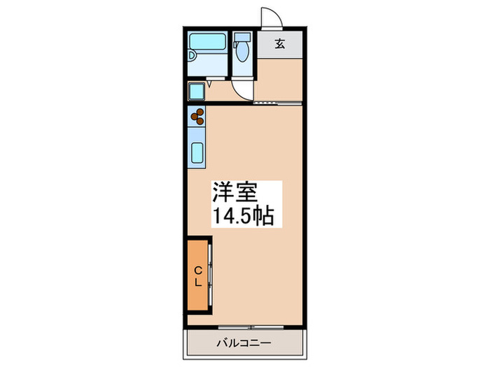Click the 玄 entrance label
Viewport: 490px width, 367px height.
tap(279, 44)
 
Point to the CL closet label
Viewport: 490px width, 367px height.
tap(198, 276)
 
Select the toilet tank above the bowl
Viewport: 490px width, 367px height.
tap(242, 37)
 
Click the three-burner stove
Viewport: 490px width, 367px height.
tap(196, 116)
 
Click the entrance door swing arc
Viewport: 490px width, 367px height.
tap(268, 18)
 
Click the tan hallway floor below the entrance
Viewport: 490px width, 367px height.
tap(278, 80)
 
